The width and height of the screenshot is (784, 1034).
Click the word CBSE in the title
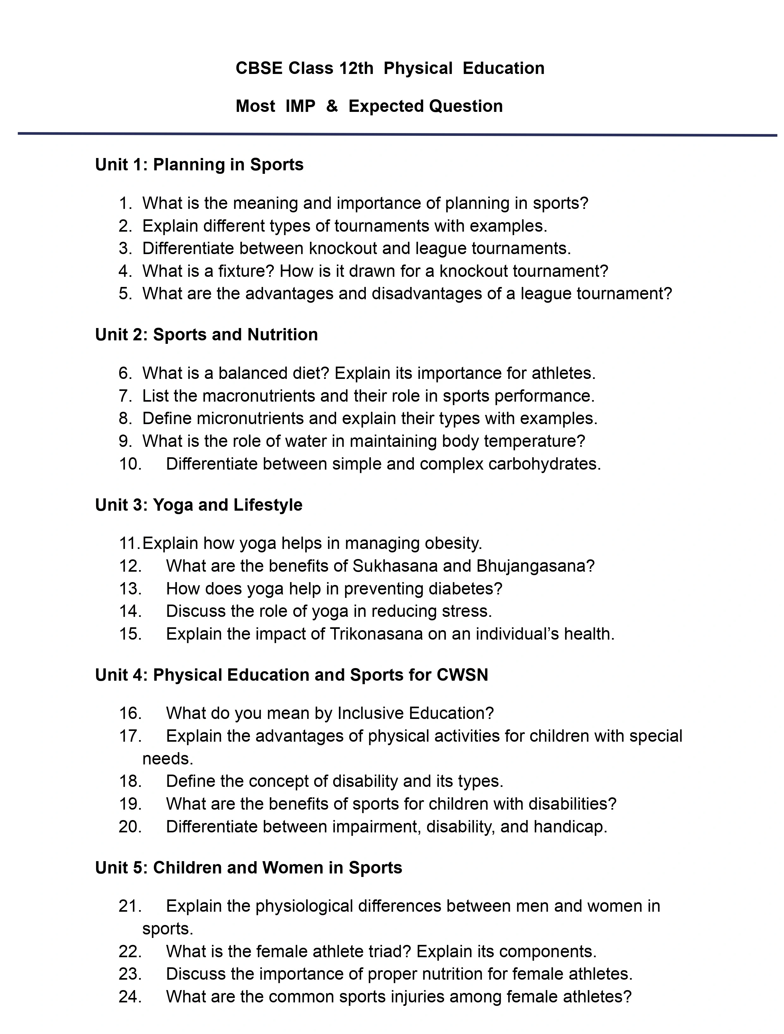tap(259, 68)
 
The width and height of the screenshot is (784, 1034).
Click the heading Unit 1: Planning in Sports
tap(199, 165)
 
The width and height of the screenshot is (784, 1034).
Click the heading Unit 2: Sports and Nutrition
tap(206, 335)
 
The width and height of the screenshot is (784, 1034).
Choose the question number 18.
tap(130, 781)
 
